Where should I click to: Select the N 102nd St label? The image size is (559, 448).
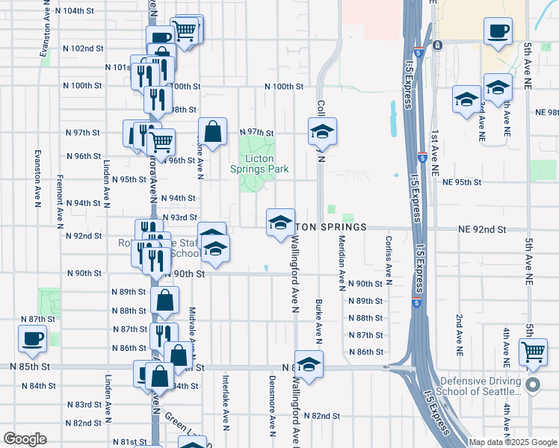point(81,49)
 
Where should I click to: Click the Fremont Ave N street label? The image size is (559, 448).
point(59,202)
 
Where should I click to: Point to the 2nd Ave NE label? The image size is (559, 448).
point(458,332)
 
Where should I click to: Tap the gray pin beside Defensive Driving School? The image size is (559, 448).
point(532,385)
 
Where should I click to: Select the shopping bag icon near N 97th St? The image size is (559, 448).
point(212,131)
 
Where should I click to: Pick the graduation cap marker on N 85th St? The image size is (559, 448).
point(308,364)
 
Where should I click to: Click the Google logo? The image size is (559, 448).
point(25,438)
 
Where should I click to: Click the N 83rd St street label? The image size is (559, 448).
point(83,405)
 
